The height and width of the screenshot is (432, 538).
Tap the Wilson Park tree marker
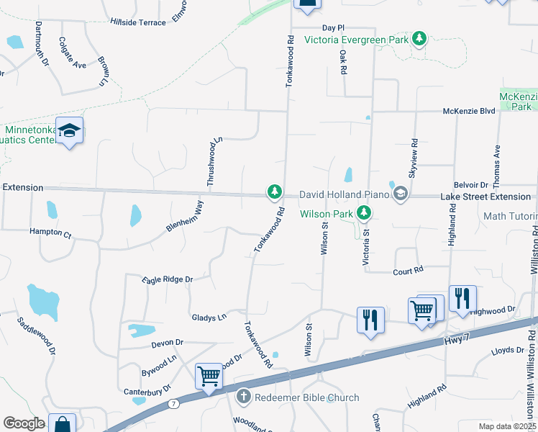click(365, 213)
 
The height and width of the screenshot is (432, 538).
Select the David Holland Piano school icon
click(400, 194)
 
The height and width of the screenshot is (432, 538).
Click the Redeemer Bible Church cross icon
click(244, 397)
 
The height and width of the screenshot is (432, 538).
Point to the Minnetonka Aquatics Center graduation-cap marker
click(69, 130)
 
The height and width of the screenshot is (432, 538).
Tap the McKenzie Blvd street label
click(469, 112)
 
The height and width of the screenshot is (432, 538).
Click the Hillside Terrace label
click(138, 23)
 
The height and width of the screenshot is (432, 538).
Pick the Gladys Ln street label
click(209, 317)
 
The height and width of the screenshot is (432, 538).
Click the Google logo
click(24, 423)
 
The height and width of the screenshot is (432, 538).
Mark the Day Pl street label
click(337, 27)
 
